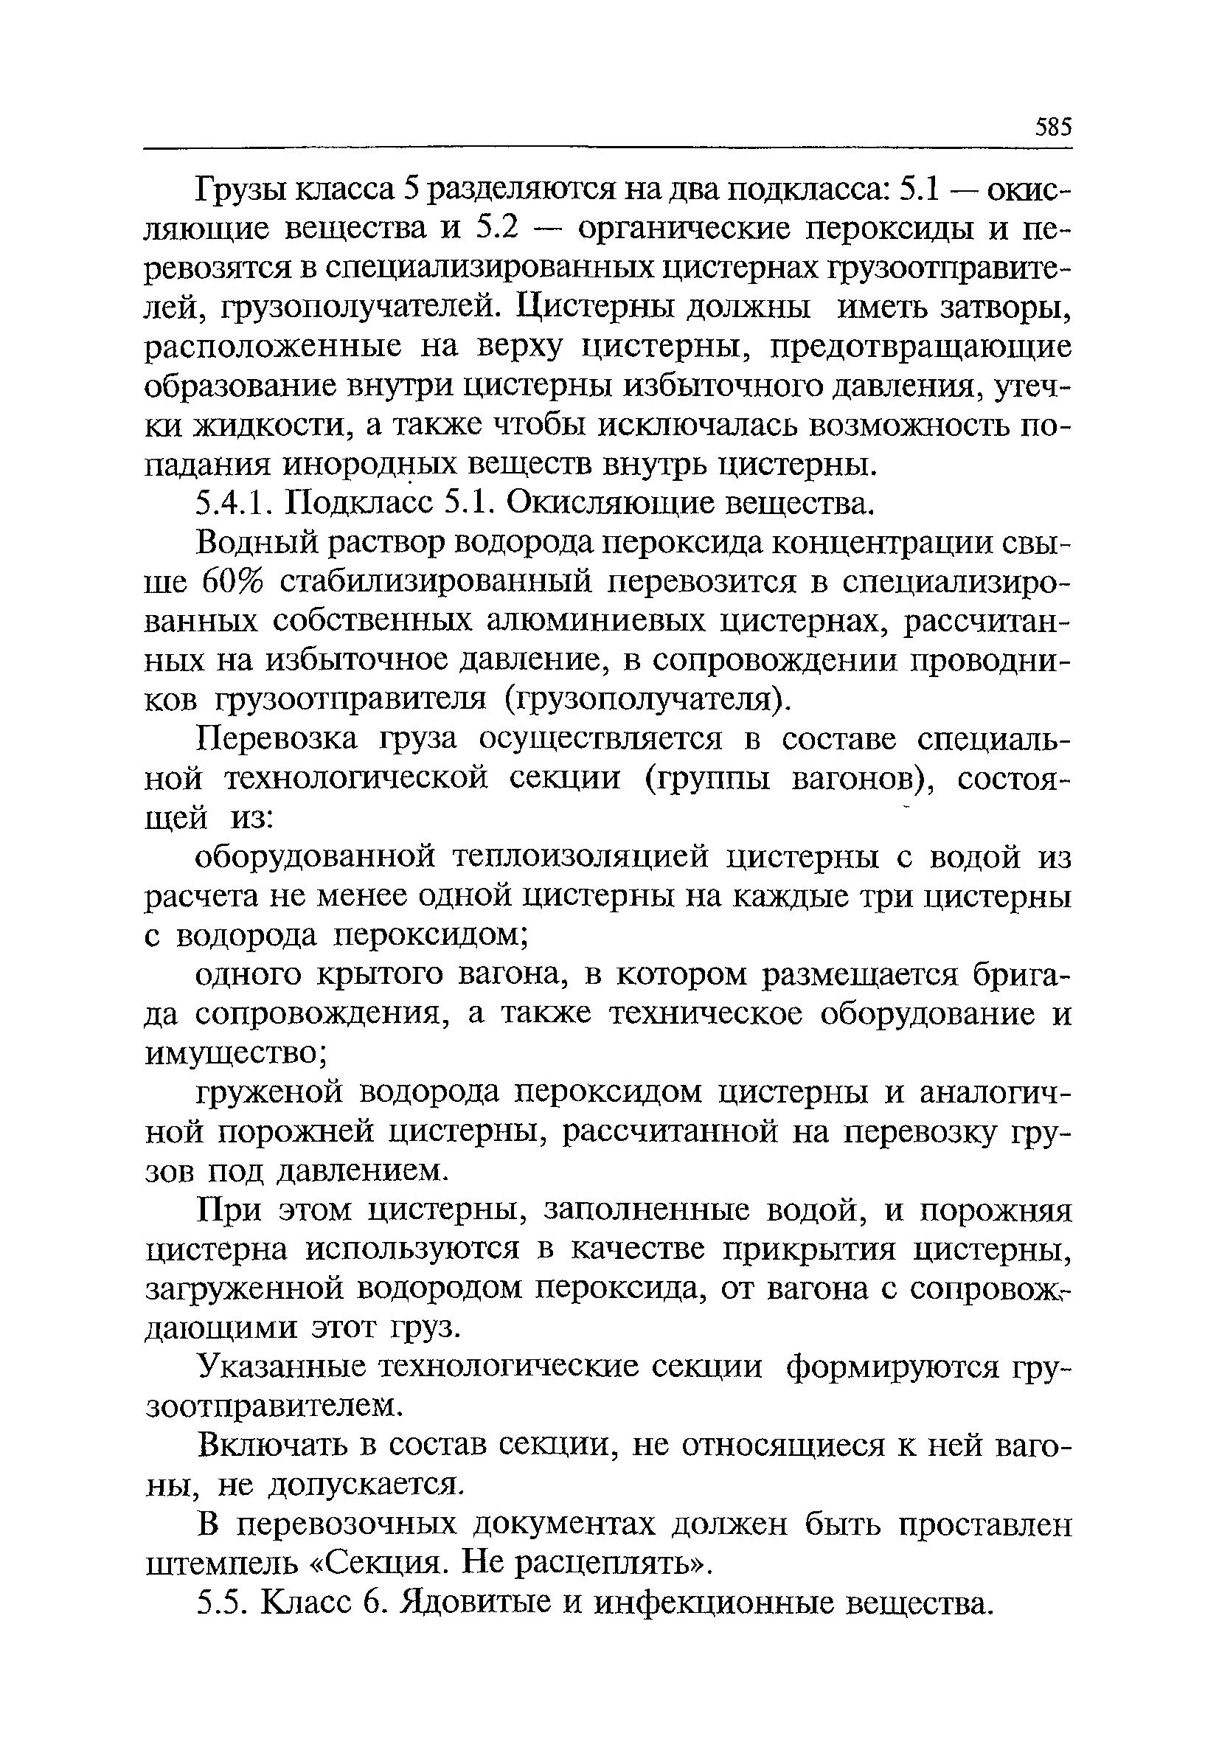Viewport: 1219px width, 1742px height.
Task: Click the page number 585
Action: tap(1053, 127)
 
